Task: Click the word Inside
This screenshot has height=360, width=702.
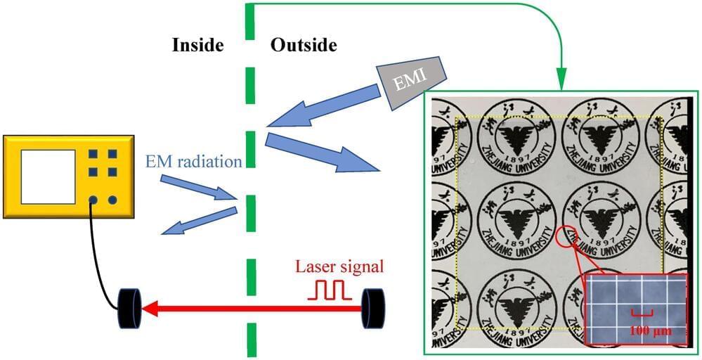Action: (x=197, y=46)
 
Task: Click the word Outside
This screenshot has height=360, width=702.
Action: (x=304, y=46)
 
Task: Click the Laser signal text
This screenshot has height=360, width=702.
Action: (x=339, y=266)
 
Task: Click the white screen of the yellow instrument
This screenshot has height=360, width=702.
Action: (x=48, y=176)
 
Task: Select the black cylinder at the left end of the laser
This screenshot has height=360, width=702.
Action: (x=130, y=308)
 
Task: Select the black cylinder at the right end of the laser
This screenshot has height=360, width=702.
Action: (x=373, y=308)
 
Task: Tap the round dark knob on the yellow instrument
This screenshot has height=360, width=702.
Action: (x=112, y=200)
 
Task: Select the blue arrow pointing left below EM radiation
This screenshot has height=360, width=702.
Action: (x=197, y=222)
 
